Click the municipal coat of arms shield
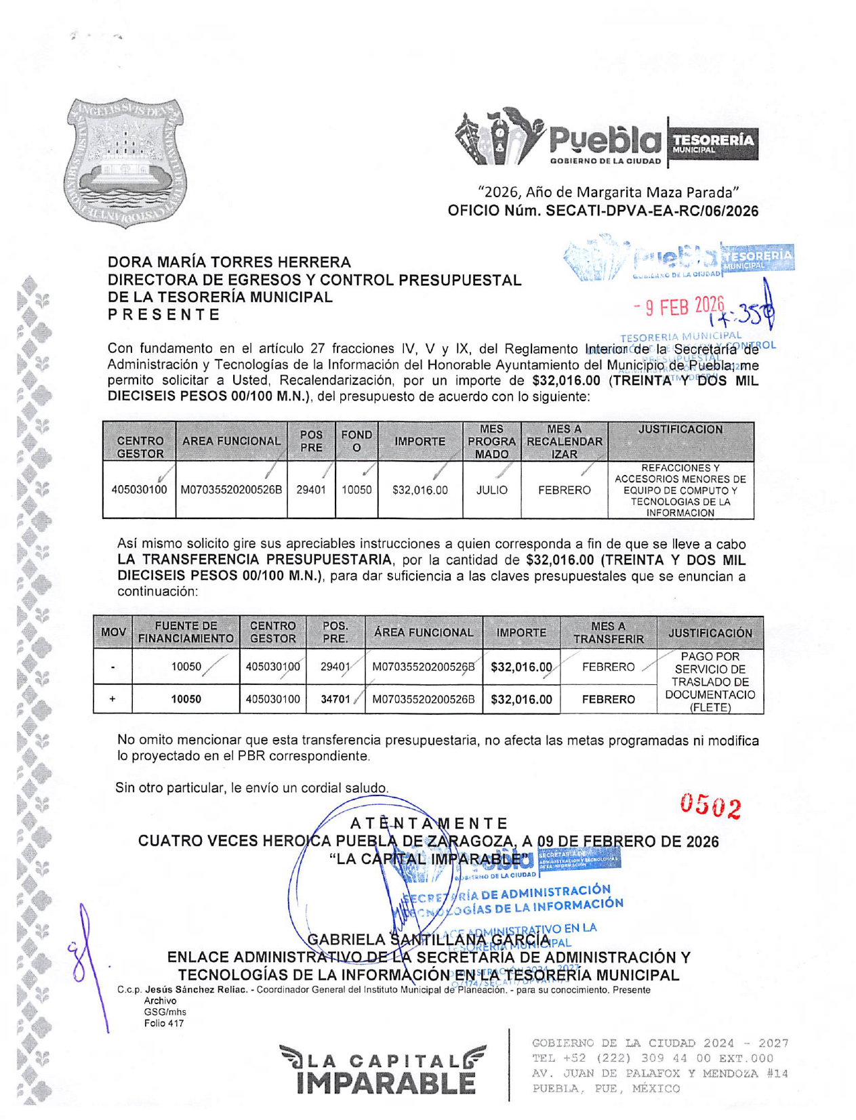(126, 163)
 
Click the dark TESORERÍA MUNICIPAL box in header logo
(712, 142)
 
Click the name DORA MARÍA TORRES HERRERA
(229, 262)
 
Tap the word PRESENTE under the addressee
(164, 314)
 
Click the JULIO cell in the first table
(491, 490)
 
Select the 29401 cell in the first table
(311, 490)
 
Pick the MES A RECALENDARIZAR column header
(564, 441)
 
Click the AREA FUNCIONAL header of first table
(231, 441)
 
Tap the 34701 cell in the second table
(335, 699)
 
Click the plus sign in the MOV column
(113, 699)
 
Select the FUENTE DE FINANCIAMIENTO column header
(186, 632)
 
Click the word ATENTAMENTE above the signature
(429, 823)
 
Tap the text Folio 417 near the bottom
(163, 1023)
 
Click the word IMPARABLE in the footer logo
(386, 1082)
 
